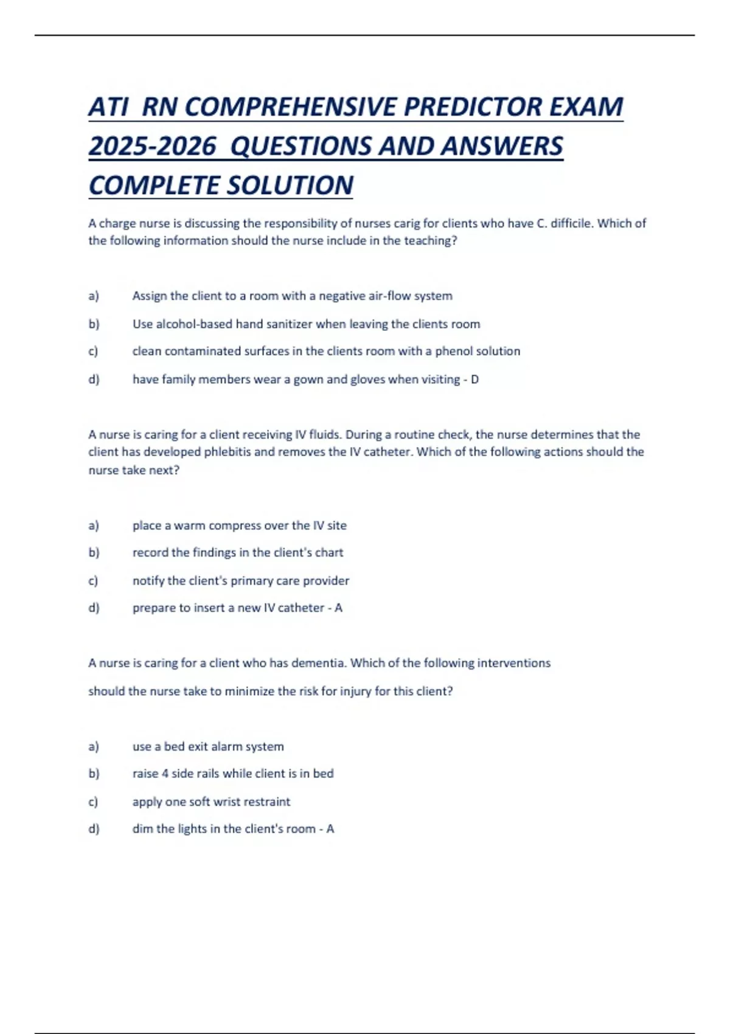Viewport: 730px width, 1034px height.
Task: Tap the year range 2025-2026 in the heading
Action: [x=152, y=147]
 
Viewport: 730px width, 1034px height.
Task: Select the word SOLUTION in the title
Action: [x=289, y=186]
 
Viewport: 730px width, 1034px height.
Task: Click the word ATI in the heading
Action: [x=108, y=108]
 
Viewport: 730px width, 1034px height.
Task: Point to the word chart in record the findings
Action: [x=329, y=553]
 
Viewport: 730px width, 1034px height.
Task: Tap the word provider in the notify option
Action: [x=327, y=581]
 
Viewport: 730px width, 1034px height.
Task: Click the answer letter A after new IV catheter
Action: [x=338, y=608]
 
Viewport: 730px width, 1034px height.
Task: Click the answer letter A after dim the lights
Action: [x=330, y=829]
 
